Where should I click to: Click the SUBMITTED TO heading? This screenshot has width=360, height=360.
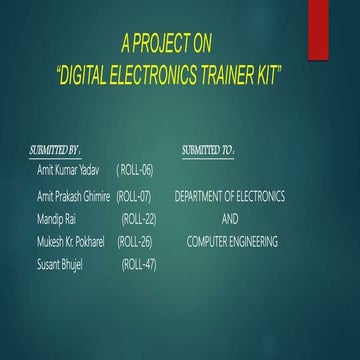(208, 150)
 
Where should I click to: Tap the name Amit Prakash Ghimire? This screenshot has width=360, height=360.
(73, 197)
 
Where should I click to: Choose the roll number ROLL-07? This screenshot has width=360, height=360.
(134, 197)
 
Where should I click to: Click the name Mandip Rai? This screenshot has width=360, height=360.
(56, 219)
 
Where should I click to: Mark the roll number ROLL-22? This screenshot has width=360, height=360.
(138, 219)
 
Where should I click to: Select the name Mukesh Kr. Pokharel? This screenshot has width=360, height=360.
(72, 241)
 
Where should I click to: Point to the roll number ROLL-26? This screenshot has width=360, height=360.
(135, 241)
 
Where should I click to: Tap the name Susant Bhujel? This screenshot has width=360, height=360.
(59, 264)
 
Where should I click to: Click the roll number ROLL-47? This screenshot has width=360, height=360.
(138, 264)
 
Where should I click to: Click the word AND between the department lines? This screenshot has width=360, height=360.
(230, 219)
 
